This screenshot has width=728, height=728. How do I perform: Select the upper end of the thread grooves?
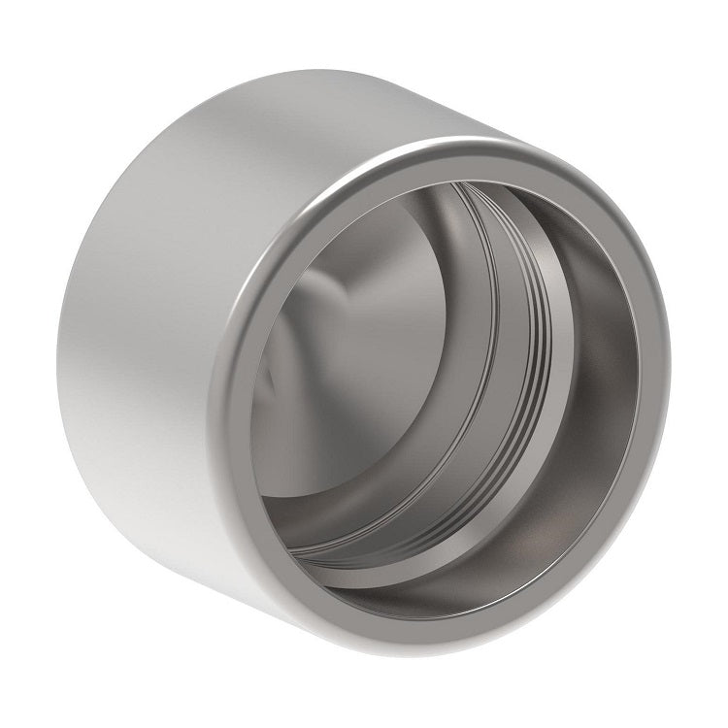485,199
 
